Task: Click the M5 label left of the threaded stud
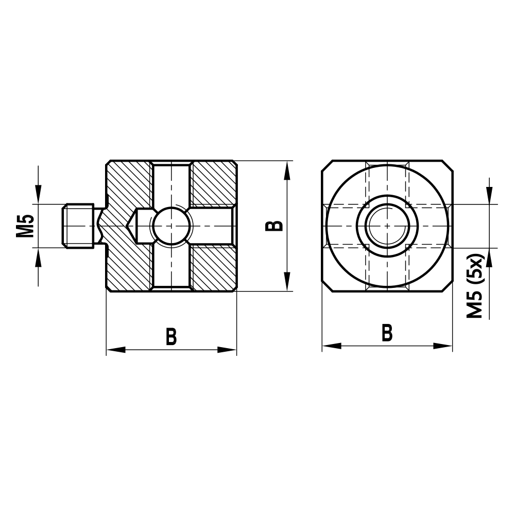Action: [x=25, y=226]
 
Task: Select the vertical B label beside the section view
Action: [x=276, y=226]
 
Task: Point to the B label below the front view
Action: [x=387, y=333]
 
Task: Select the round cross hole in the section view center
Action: [x=171, y=226]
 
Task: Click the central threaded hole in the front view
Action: [x=387, y=226]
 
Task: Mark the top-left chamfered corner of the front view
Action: [x=328, y=166]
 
